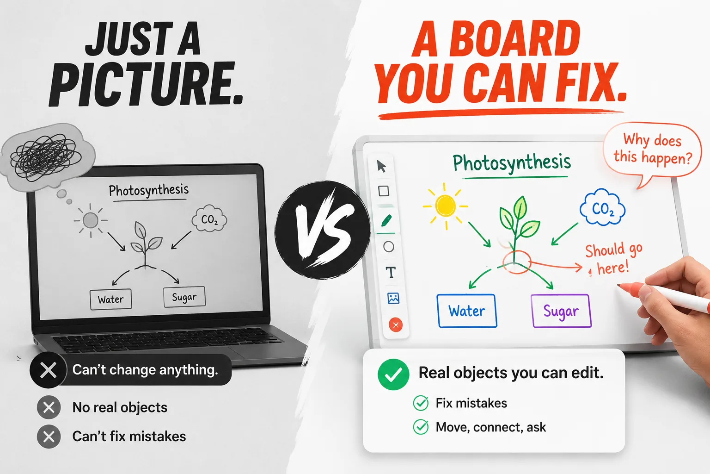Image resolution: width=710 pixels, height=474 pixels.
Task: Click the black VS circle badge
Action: pyautogui.click(x=322, y=230)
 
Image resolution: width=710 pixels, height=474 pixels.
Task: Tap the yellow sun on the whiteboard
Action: pyautogui.click(x=445, y=206)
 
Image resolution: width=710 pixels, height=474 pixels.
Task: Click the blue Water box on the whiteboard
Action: pyautogui.click(x=466, y=311)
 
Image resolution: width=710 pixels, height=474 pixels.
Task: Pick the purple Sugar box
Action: pyautogui.click(x=561, y=311)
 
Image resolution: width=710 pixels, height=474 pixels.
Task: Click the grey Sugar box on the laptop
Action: pyautogui.click(x=184, y=297)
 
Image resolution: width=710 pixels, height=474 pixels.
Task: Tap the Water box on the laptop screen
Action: pyautogui.click(x=110, y=299)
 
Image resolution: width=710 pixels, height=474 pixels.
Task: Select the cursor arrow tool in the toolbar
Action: pyautogui.click(x=381, y=166)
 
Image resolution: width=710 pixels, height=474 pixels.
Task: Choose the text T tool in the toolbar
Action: pyautogui.click(x=391, y=272)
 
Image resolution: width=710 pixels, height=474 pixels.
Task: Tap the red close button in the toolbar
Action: pyautogui.click(x=396, y=325)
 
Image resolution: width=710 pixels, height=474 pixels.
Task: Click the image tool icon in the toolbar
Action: pyautogui.click(x=393, y=298)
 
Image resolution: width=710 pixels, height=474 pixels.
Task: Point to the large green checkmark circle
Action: pyautogui.click(x=393, y=374)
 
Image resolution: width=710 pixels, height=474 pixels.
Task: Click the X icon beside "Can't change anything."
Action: pyautogui.click(x=48, y=370)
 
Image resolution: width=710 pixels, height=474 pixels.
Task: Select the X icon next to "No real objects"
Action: pyautogui.click(x=49, y=407)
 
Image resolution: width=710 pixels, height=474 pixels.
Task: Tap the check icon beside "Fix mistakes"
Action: pyautogui.click(x=421, y=403)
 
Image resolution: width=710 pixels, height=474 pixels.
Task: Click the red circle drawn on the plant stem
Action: pyautogui.click(x=517, y=262)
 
